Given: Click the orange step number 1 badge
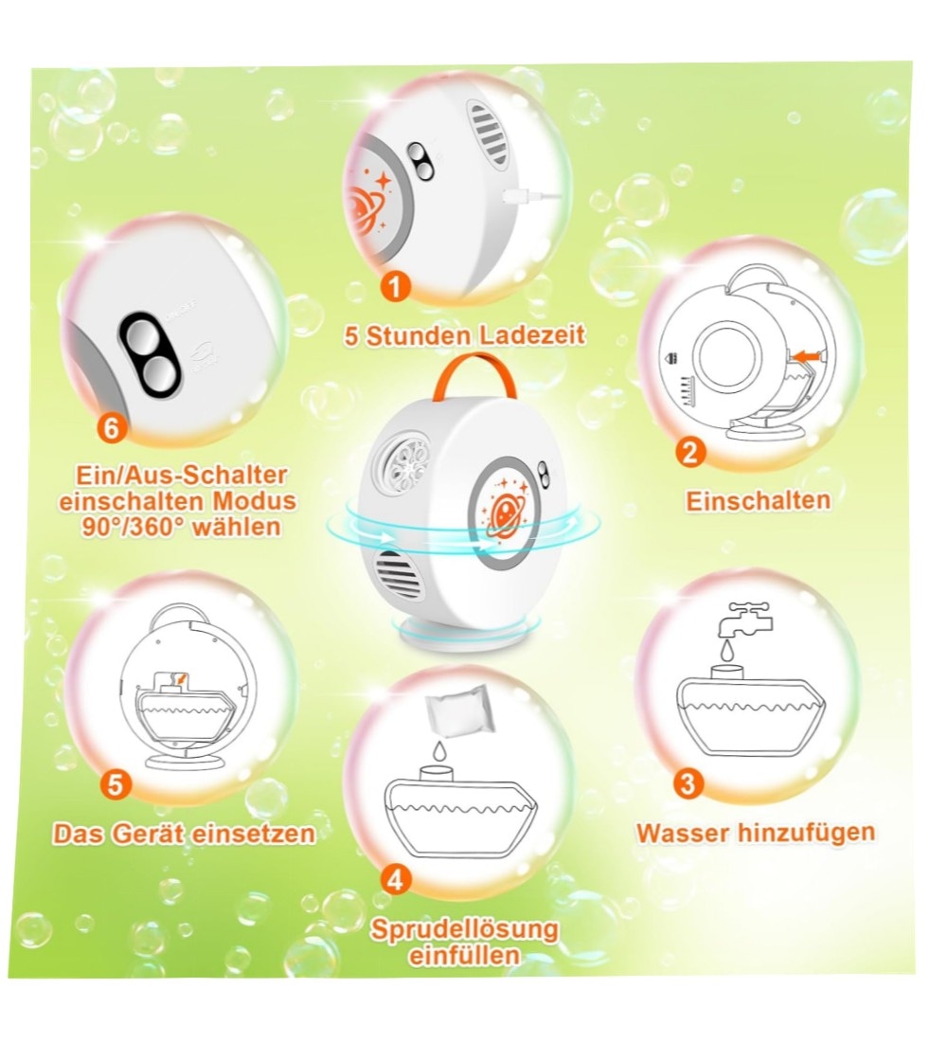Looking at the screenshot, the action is [395, 287].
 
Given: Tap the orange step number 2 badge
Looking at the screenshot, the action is [690, 453].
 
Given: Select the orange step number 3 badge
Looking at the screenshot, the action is [688, 782].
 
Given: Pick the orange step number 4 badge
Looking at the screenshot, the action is [396, 880].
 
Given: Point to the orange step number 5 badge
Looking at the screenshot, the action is [115, 785].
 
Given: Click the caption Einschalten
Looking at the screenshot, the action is [759, 501].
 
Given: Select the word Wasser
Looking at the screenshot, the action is [679, 833].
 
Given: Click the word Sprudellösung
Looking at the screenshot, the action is [464, 929].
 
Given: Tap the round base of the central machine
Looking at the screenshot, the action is [466, 631].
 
